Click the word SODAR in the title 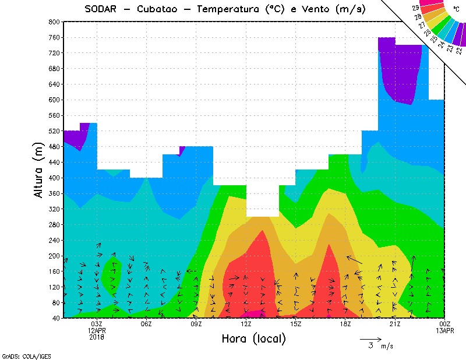coord(103,10)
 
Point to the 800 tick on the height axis coord(54,22)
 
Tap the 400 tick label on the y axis coord(54,178)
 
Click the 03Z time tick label coord(97,324)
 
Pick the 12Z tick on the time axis coord(246,324)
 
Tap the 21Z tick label coord(396,324)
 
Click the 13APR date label coord(445,331)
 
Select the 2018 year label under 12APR coord(97,337)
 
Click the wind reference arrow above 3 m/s coord(370,338)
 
